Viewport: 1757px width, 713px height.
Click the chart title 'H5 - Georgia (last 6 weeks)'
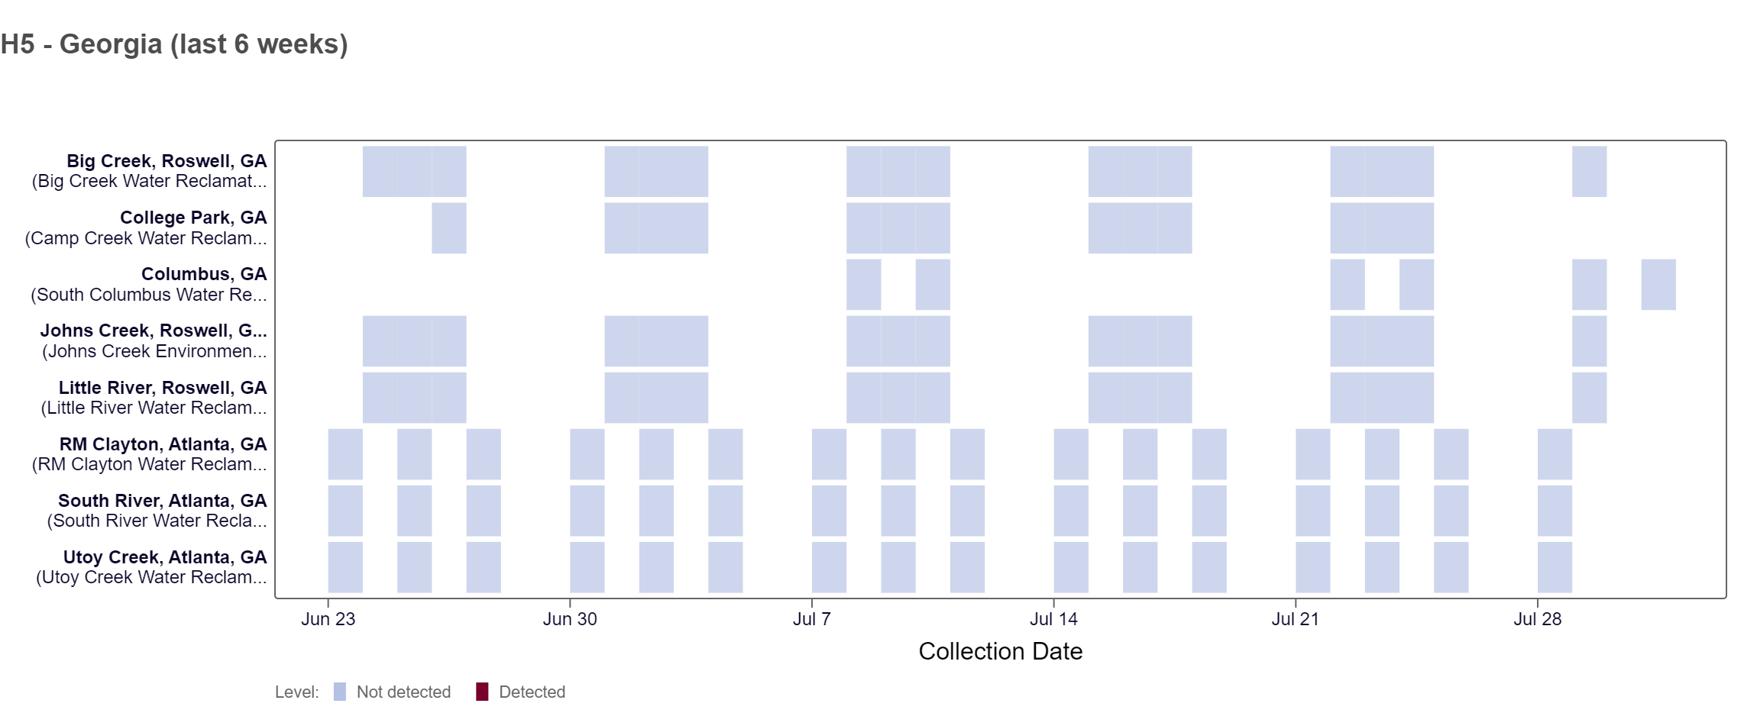[x=174, y=44]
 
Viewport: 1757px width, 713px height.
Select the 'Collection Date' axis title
[x=1000, y=651]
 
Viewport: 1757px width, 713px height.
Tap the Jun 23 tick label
[x=328, y=619]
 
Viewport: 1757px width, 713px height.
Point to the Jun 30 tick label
[x=570, y=619]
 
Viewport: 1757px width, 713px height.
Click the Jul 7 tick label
[x=811, y=619]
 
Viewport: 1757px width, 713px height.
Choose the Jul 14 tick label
[x=1053, y=619]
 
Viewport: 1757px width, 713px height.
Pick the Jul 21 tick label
[x=1295, y=619]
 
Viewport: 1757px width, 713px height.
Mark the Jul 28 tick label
[x=1537, y=619]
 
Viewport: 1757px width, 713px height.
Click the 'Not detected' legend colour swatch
[x=340, y=692]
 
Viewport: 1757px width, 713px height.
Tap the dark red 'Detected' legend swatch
[x=482, y=692]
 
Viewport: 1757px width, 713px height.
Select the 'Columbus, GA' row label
[x=204, y=274]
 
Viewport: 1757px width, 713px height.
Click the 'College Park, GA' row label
[x=193, y=218]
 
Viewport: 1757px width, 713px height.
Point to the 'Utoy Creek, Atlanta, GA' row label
[x=165, y=557]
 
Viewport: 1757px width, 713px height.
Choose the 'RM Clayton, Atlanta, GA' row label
[x=163, y=444]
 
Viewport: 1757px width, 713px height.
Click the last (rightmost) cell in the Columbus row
[x=1658, y=285]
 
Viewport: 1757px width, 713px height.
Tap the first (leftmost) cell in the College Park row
[x=449, y=228]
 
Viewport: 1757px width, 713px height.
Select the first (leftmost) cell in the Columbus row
[x=863, y=285]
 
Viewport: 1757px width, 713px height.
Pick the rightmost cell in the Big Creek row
[x=1589, y=172]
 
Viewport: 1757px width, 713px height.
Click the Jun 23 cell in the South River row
[x=345, y=511]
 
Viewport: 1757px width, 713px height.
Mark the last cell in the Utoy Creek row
[x=1555, y=567]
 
